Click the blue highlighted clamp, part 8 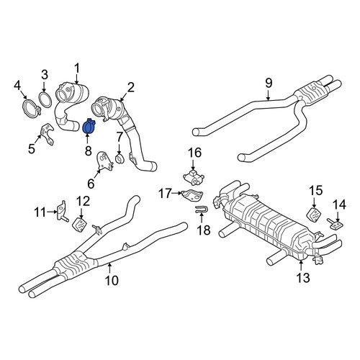coord(89,127)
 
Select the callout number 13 coord(303,278)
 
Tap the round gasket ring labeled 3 coord(45,100)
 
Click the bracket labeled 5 coord(47,134)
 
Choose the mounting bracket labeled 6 coord(104,161)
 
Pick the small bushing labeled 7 coord(120,160)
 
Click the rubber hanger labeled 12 coord(79,225)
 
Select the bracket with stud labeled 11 coord(61,211)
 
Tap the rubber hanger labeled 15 coord(315,215)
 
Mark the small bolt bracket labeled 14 coord(336,224)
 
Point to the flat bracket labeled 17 coord(193,195)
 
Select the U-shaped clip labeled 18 coord(202,210)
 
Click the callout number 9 coord(269,83)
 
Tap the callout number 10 coord(112,280)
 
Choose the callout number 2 coord(131,88)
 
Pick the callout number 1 coord(76,68)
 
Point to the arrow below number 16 coord(193,165)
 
